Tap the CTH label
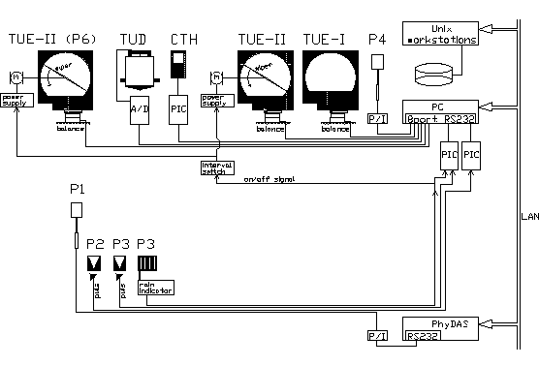pos(183,39)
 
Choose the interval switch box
pos(213,167)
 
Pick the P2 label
pos(94,243)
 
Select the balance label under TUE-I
pos(334,128)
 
